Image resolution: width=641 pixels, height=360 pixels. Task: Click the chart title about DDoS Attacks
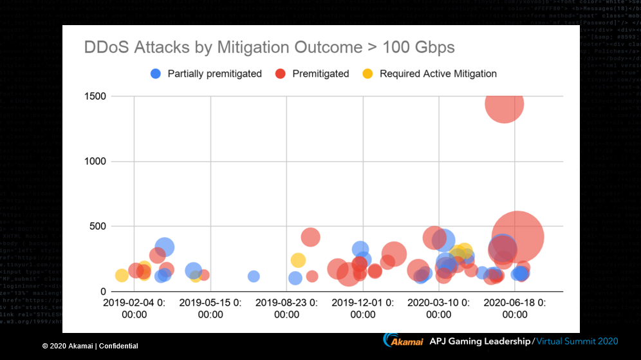coord(269,48)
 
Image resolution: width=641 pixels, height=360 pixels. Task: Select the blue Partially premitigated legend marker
coord(156,73)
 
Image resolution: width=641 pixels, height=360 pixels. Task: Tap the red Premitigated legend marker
coord(281,73)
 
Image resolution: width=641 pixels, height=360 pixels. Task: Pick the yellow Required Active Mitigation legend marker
coord(367,73)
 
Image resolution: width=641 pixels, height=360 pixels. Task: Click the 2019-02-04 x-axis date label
coord(135,308)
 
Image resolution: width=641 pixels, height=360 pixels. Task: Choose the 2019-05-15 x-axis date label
coord(210,308)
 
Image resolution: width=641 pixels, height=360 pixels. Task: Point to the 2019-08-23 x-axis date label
coord(287,308)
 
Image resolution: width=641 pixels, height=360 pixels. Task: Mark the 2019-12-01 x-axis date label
coord(363,308)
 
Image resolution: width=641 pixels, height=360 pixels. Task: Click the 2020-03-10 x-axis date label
coord(439,308)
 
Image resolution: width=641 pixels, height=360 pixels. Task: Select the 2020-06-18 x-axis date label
coord(515,308)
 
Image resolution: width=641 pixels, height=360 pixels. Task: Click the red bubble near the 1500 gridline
coord(504,103)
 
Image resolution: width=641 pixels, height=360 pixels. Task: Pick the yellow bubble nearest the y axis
coord(122,276)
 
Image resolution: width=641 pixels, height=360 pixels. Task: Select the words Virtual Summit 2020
coord(577,341)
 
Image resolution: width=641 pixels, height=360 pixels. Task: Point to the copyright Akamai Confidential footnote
coord(90,346)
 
